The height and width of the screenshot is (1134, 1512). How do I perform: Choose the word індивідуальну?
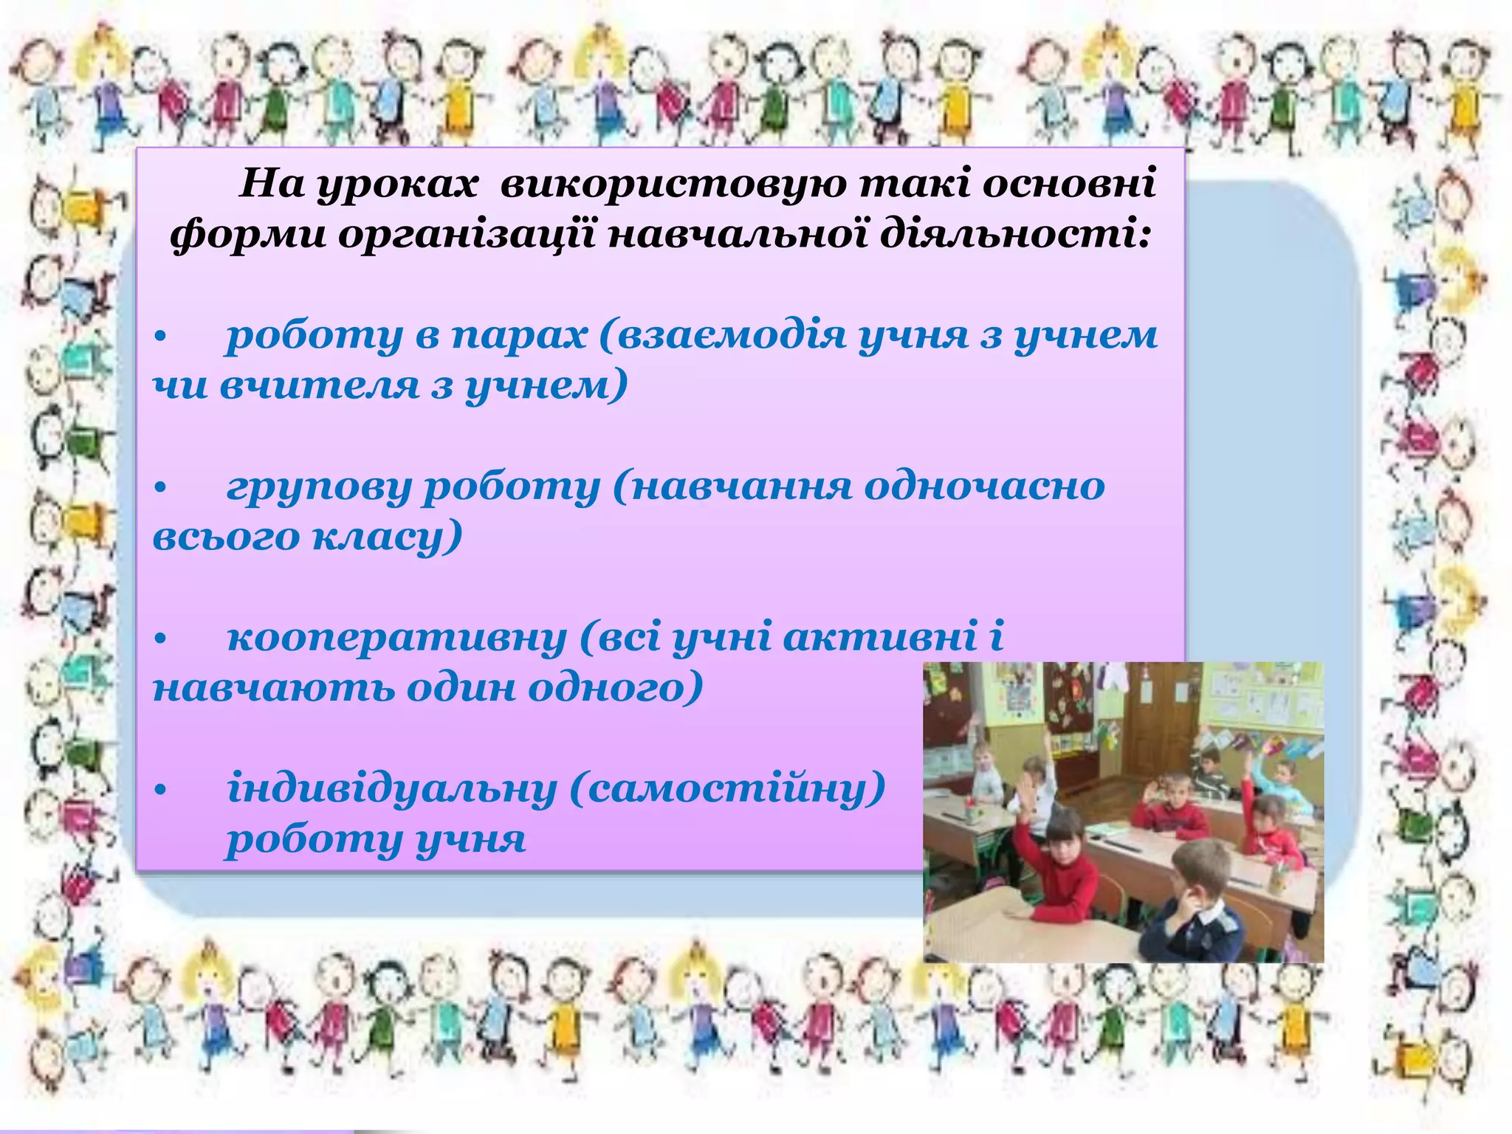tap(391, 789)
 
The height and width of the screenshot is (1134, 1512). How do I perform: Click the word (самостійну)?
tap(727, 789)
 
